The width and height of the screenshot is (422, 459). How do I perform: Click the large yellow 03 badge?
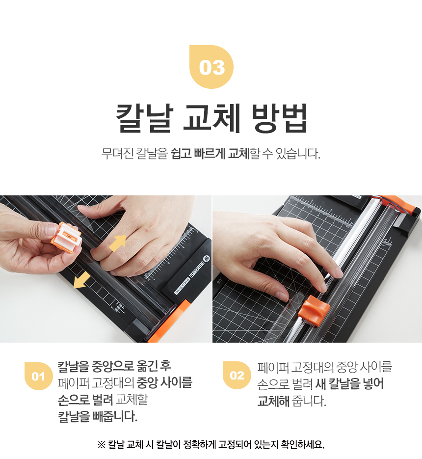point(211,67)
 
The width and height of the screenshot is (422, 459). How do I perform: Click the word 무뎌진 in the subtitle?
point(117,153)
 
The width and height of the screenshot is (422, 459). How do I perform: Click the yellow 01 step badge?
point(38,376)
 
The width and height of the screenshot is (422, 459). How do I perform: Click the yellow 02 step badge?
point(237,375)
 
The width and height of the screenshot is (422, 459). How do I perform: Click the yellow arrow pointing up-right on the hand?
point(118,243)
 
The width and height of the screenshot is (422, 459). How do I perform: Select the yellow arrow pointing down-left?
point(81,280)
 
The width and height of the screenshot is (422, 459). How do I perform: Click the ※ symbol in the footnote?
point(101,445)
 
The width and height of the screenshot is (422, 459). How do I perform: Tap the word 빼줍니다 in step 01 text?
point(115,416)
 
